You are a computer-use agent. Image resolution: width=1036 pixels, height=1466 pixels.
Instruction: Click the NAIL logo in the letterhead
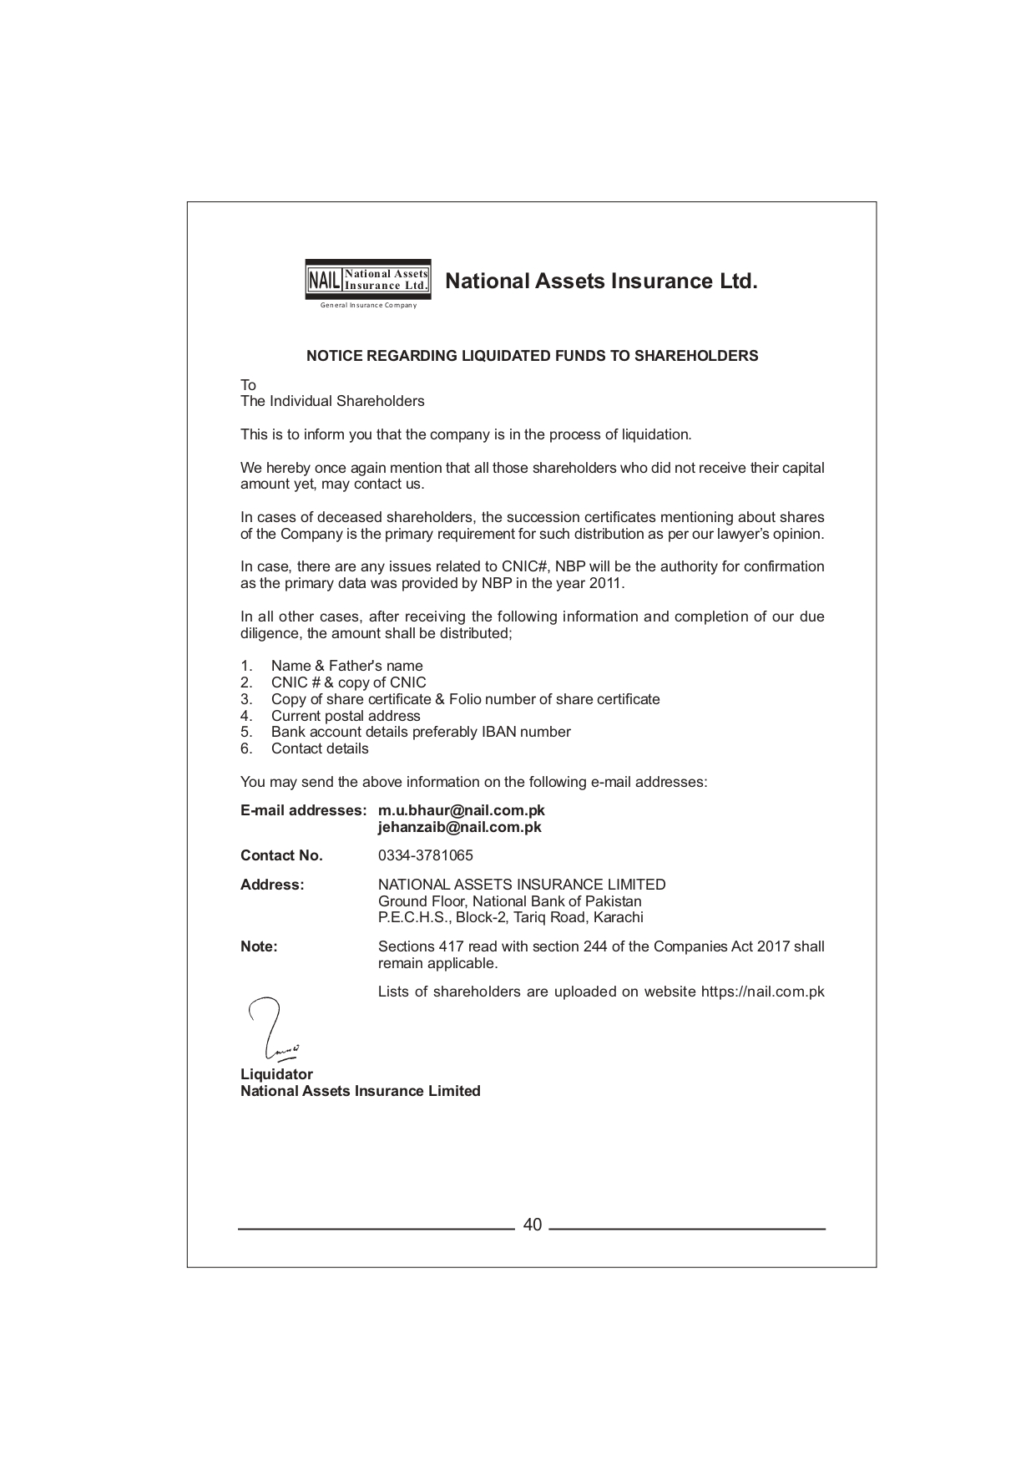[x=368, y=279]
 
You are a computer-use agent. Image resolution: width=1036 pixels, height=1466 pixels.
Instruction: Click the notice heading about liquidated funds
[x=532, y=356]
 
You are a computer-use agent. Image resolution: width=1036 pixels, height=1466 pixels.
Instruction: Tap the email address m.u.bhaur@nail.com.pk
[x=461, y=810]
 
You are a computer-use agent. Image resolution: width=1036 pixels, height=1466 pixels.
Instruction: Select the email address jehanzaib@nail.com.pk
[x=459, y=827]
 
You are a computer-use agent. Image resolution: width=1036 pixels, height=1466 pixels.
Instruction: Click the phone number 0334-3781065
[x=425, y=855]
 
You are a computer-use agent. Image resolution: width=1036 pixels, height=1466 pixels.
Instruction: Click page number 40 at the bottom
[x=532, y=1225]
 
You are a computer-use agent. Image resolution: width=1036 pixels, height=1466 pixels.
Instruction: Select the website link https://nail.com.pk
[x=762, y=992]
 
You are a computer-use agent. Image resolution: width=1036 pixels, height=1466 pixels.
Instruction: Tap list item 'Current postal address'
[x=346, y=716]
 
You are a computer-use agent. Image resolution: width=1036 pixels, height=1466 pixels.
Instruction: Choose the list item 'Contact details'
[x=320, y=748]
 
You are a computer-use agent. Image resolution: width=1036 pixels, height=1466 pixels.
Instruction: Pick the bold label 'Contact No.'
[x=281, y=855]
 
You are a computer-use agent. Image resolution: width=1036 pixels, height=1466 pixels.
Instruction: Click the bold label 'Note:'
[x=259, y=946]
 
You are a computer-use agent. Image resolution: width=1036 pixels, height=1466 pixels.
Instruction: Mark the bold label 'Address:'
[x=272, y=885]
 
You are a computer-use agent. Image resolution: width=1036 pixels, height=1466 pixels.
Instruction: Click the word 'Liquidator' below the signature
[x=276, y=1074]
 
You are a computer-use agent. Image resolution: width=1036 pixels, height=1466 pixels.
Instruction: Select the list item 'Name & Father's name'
[x=346, y=666]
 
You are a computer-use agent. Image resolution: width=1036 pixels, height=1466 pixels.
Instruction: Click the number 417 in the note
[x=451, y=946]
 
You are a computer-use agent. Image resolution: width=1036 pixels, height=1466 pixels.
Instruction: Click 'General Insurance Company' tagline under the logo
[x=368, y=305]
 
